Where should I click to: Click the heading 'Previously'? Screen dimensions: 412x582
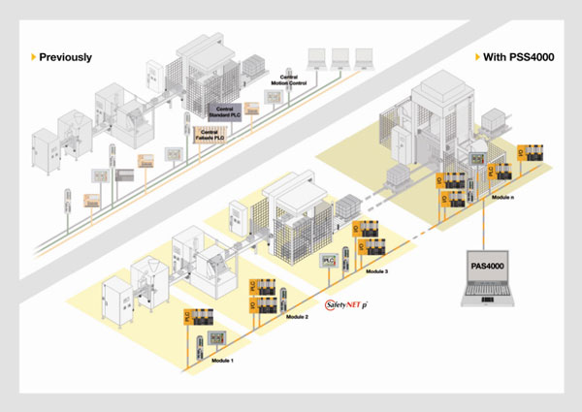pos(66,57)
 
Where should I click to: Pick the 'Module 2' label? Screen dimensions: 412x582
pos(298,318)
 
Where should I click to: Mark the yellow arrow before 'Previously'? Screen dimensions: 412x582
pos(34,57)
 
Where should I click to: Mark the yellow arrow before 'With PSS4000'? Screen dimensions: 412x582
pos(477,57)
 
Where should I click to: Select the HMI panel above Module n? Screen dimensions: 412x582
pos(477,156)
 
